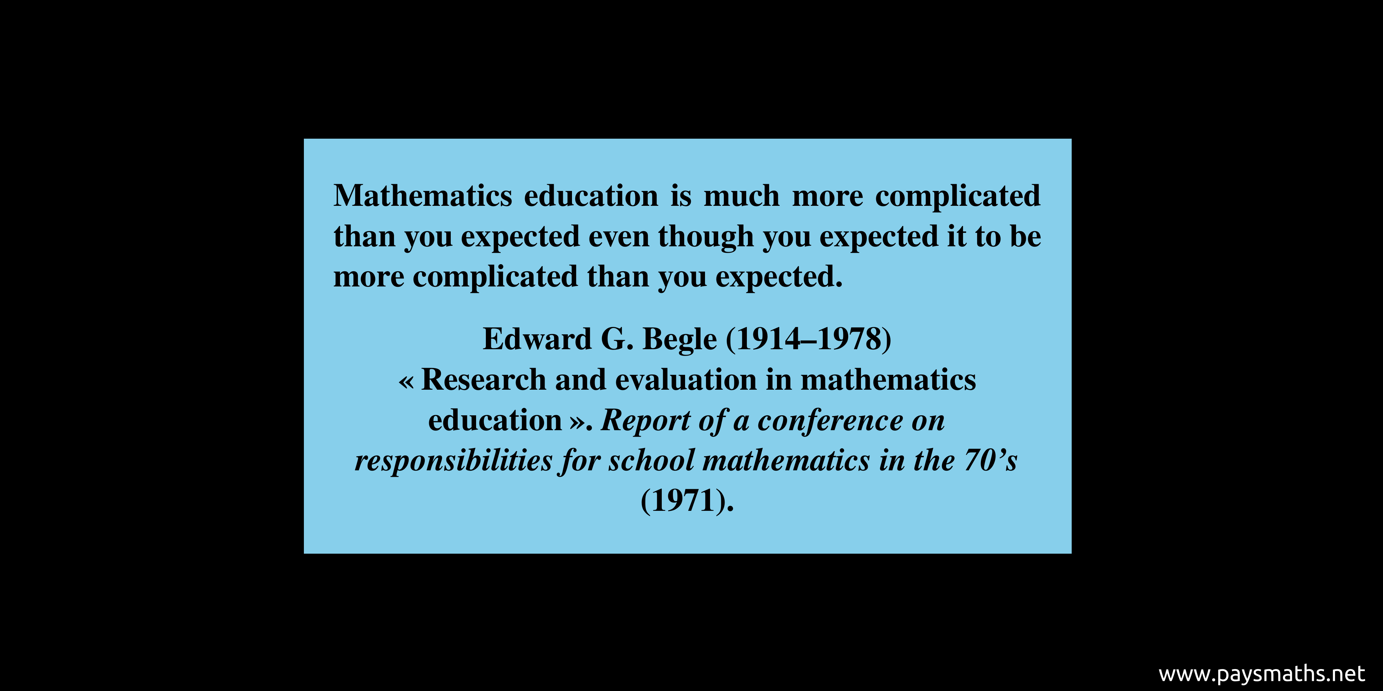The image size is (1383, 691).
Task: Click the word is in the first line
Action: click(681, 195)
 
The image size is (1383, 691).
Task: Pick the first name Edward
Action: click(537, 339)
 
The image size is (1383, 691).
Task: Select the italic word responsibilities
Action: click(454, 461)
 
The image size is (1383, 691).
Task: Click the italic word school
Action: click(651, 461)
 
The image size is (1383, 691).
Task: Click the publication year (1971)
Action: click(687, 501)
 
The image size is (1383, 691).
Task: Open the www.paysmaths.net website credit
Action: click(1262, 673)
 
